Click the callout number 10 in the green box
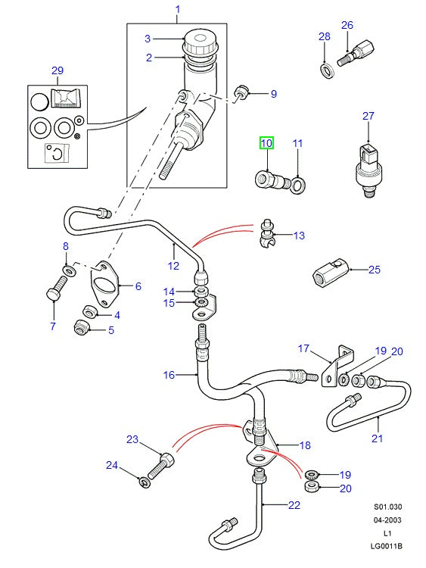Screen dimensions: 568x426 click(x=266, y=142)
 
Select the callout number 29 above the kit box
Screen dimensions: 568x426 click(x=58, y=70)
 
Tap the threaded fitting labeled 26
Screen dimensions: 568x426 click(x=354, y=55)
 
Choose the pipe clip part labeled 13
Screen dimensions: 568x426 click(x=266, y=235)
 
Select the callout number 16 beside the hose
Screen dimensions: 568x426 click(x=169, y=374)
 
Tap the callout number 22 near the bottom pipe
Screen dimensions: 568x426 click(x=294, y=506)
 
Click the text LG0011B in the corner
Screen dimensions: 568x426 click(x=387, y=545)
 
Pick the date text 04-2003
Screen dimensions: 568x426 click(x=387, y=520)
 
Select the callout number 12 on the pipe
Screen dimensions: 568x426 click(x=173, y=265)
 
